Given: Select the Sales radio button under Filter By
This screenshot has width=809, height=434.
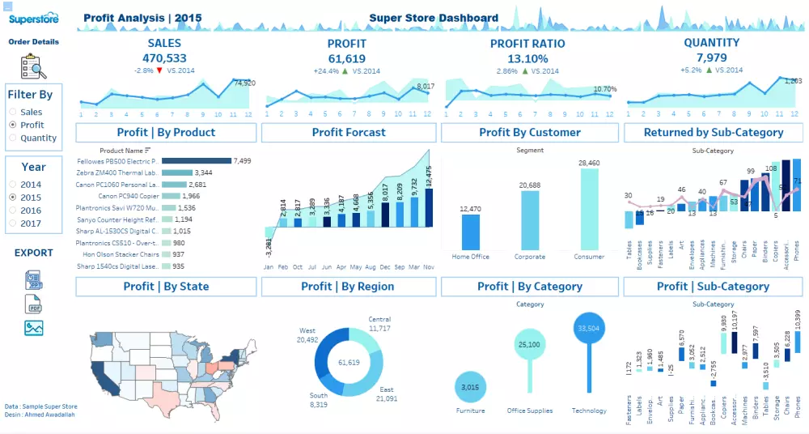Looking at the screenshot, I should coord(13,113).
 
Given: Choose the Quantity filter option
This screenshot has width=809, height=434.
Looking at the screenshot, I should coord(13,138).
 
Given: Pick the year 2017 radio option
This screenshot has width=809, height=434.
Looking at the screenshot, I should coord(13,223).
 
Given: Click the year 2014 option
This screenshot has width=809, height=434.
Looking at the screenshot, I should coord(13,185).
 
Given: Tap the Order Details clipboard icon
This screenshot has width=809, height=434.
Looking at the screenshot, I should coord(33,66).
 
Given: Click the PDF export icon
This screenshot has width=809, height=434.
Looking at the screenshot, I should coord(33,304).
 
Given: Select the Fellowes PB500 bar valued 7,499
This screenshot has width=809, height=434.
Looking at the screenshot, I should coord(197,161).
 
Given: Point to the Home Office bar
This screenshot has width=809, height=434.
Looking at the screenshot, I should coord(471,232).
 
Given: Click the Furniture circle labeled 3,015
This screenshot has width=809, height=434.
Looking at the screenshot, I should coord(470,388).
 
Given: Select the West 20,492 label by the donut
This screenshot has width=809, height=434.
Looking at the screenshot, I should coord(307,335).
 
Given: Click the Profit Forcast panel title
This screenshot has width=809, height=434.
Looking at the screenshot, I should coord(349,132).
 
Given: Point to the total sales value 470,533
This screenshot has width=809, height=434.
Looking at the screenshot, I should coord(164,58).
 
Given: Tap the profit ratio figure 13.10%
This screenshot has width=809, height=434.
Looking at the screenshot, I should coord(527,58).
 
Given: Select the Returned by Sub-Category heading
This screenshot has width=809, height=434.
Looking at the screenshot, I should coord(714,132).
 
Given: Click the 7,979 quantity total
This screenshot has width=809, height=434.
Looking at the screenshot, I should coord(711,57).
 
